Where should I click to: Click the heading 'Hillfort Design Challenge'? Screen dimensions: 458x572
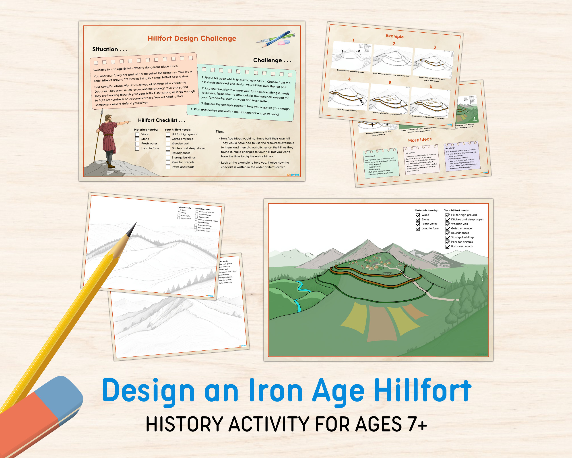point(192,38)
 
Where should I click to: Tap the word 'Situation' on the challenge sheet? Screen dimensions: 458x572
point(105,49)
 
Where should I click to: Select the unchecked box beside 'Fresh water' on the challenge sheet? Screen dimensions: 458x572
point(137,144)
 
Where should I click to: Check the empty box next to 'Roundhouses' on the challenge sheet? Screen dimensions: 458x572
point(168,153)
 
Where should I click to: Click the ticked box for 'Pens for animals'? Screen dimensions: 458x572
point(448,242)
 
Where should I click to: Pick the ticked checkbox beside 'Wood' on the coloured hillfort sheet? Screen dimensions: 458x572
point(418,215)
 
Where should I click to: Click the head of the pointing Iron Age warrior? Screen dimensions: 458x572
point(108,118)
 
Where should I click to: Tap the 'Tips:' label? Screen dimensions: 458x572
point(219,131)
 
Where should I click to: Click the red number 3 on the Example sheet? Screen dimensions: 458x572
point(435,47)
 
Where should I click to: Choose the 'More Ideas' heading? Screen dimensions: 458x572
point(420,140)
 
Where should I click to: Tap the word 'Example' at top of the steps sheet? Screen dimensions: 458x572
point(394,36)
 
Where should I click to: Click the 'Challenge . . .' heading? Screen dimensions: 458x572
point(272,60)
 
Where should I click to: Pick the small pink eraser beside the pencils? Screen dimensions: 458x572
point(284,42)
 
